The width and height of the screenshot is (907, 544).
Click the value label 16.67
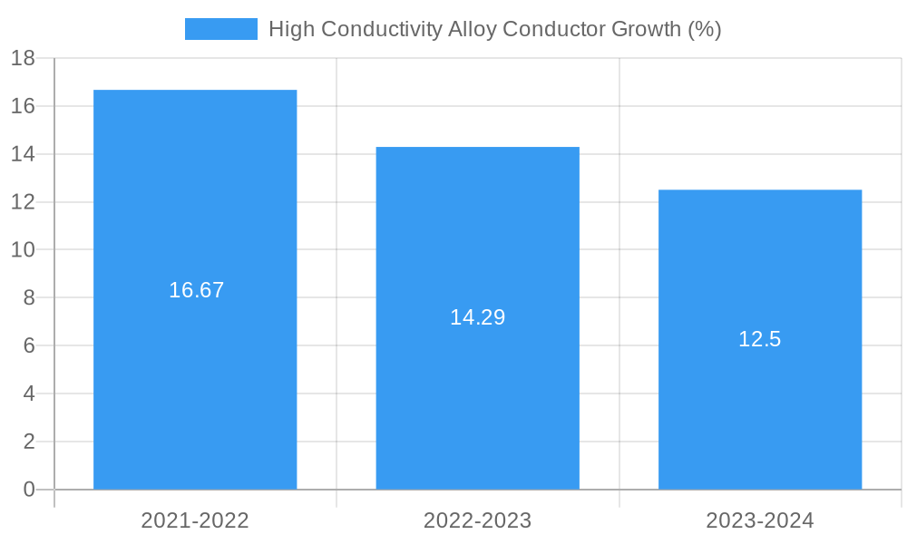(x=196, y=290)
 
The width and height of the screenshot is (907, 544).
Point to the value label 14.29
(x=477, y=317)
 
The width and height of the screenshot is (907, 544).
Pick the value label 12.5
(x=759, y=339)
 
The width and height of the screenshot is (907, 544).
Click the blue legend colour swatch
(x=220, y=29)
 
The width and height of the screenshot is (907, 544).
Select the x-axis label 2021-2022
(x=195, y=520)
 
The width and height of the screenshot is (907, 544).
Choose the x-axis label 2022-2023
(x=477, y=520)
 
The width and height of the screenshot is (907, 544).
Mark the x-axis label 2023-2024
(x=760, y=520)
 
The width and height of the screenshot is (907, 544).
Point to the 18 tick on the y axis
(x=23, y=59)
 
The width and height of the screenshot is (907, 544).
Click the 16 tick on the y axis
(x=23, y=106)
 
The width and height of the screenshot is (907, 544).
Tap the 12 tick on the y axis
(x=23, y=202)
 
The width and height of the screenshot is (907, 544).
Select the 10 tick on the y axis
(x=23, y=249)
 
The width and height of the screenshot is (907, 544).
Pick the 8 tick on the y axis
(x=28, y=297)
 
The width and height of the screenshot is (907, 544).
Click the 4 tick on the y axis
(x=28, y=393)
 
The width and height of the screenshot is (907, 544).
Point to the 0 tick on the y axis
(x=28, y=490)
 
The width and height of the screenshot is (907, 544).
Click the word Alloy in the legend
(x=472, y=29)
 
